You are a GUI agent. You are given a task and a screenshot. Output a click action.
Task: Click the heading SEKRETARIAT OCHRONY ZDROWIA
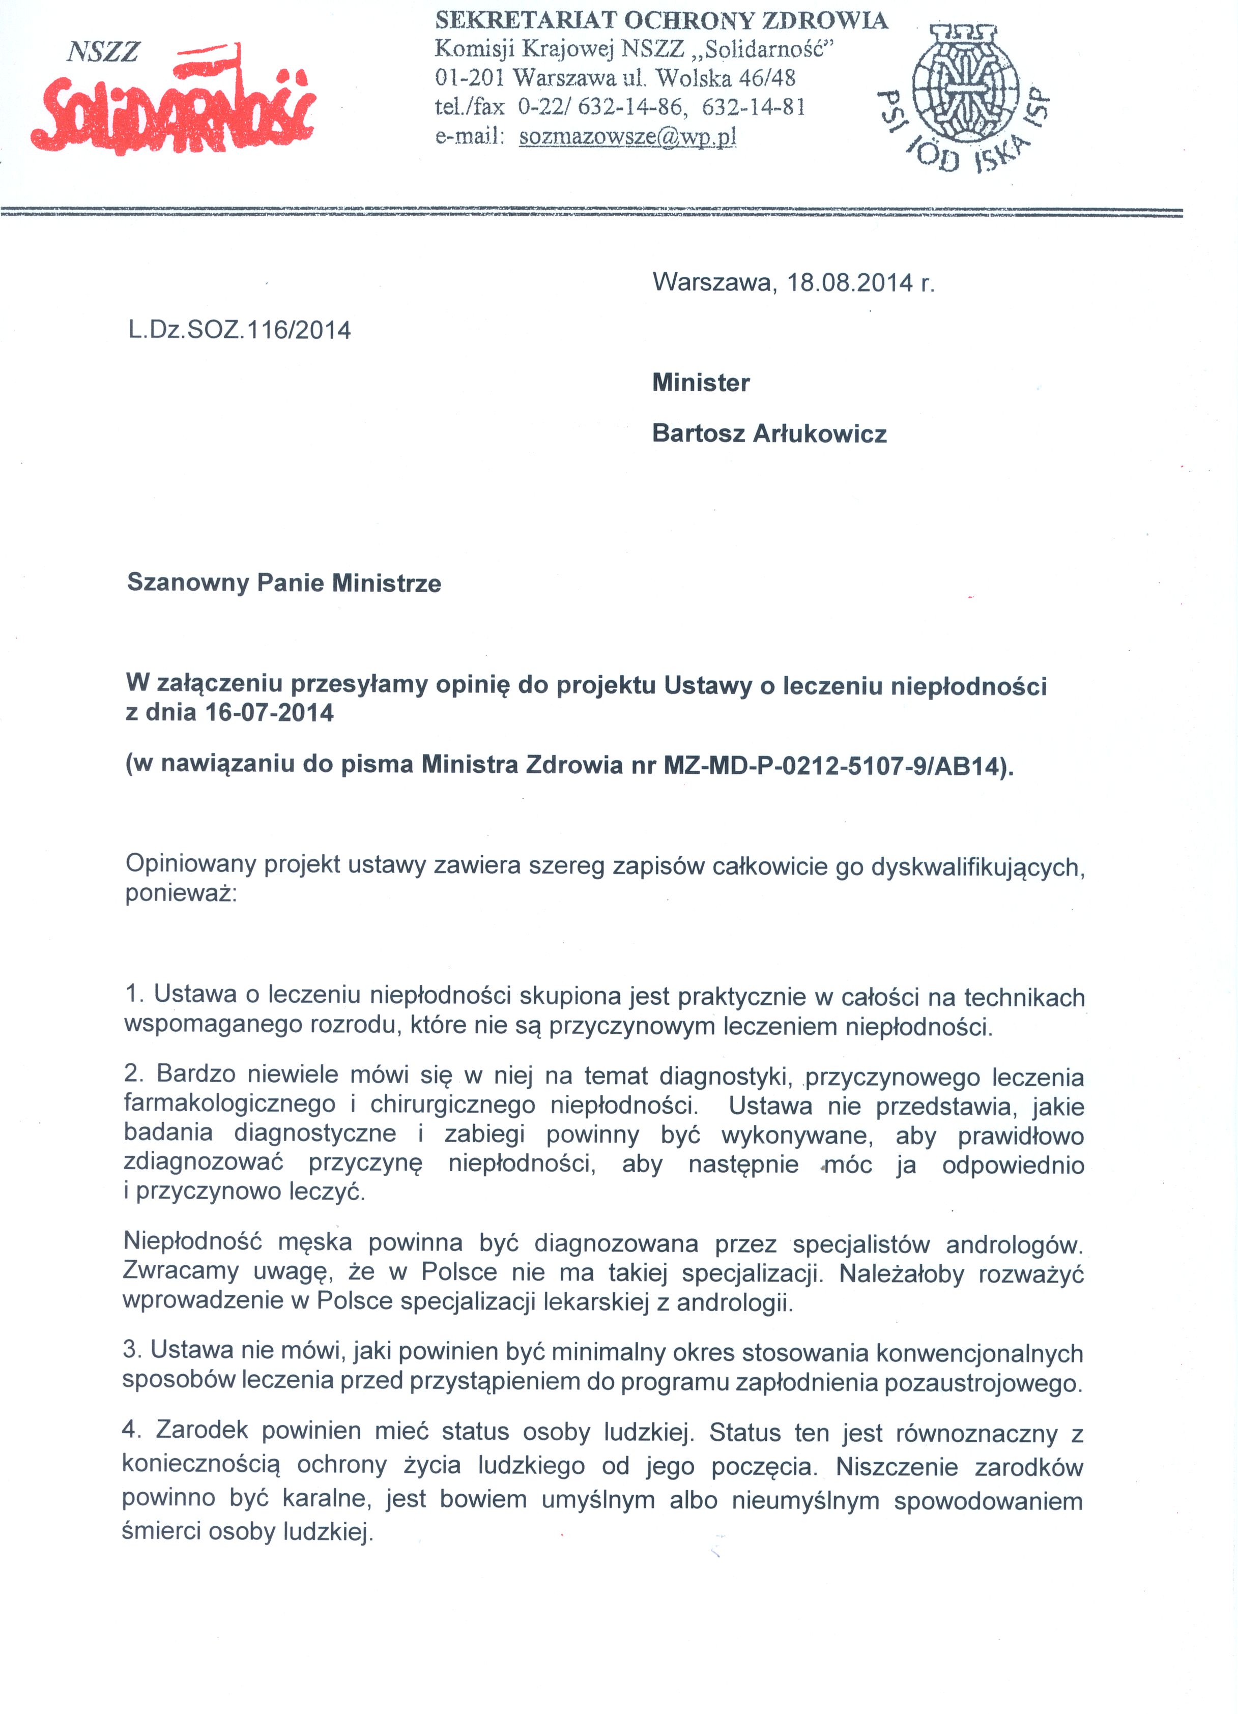click(661, 20)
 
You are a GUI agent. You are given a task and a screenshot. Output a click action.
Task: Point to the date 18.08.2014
click(850, 283)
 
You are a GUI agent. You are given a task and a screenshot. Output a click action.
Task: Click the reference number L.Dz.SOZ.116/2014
click(239, 330)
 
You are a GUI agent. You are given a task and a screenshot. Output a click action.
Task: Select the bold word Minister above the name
click(701, 383)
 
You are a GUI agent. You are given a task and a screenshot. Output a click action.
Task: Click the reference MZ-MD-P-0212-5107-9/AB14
click(835, 766)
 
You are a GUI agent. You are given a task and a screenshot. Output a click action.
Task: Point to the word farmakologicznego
click(230, 1104)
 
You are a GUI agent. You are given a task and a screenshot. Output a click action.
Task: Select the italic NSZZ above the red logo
click(103, 51)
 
